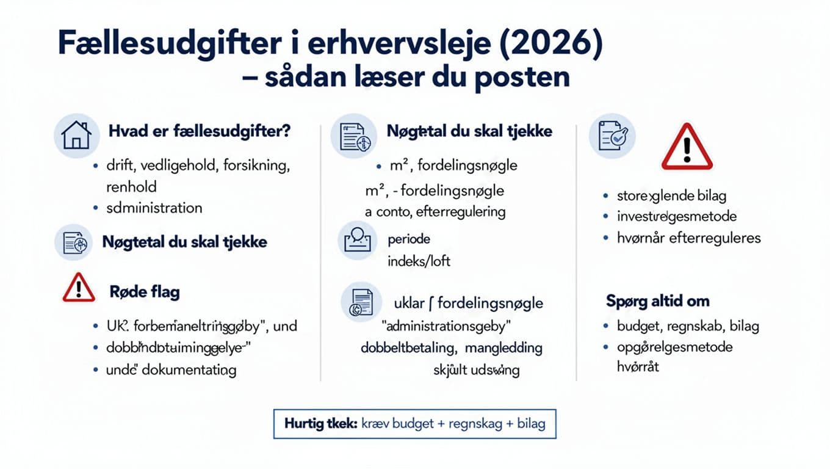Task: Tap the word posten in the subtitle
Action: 522,78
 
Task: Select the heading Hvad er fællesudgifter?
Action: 199,131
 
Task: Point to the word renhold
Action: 131,186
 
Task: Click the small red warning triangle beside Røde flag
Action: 79,288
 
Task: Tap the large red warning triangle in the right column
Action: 687,148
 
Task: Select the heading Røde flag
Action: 145,292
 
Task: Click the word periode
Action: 409,239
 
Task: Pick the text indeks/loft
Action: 419,261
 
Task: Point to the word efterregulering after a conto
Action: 460,212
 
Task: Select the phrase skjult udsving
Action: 476,370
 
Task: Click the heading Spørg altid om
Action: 657,301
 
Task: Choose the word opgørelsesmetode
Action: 674,347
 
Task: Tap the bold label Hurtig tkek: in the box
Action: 320,423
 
